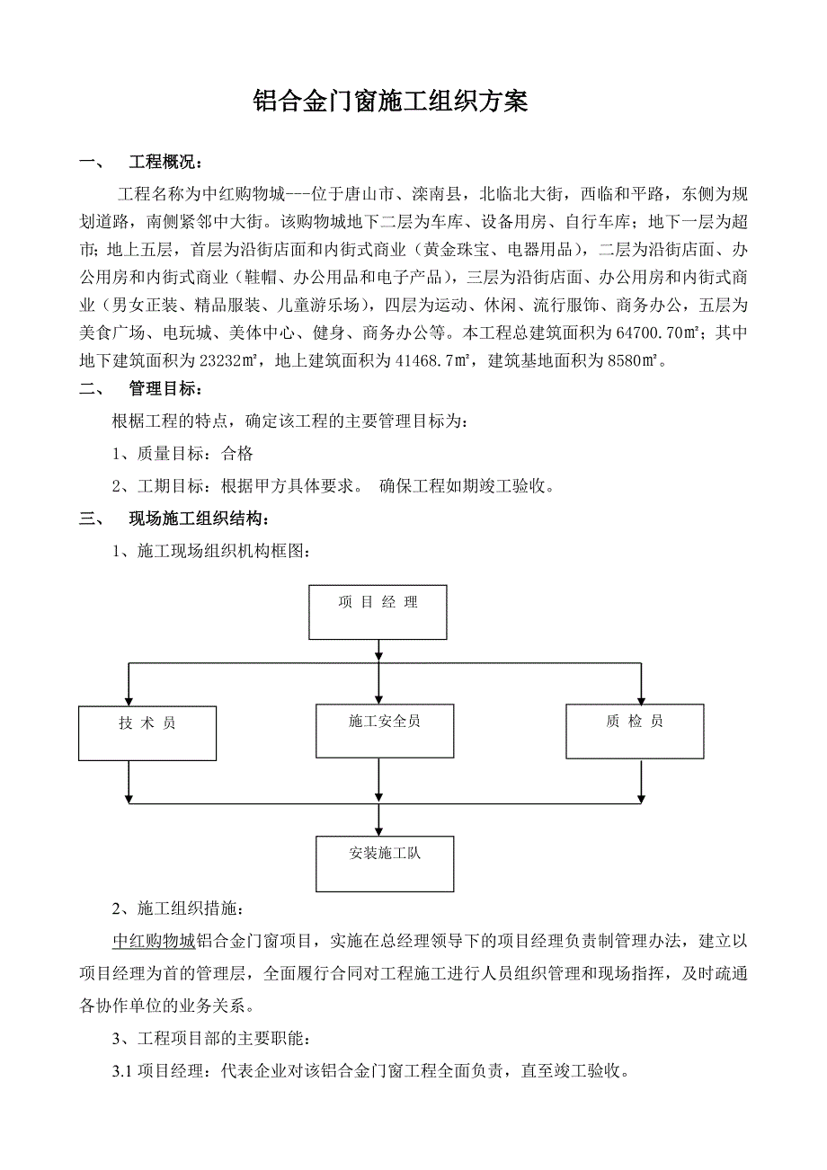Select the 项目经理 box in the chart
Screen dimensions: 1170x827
(378, 612)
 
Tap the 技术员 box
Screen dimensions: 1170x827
(147, 732)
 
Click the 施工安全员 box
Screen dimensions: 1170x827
(385, 730)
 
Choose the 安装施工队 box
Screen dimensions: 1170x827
(385, 864)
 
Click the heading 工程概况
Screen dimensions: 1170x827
(165, 163)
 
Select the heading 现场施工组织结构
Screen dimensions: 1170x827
(198, 519)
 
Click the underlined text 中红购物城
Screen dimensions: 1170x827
(154, 941)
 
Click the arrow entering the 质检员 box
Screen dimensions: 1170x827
(640, 697)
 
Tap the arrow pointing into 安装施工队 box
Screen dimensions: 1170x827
(378, 827)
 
